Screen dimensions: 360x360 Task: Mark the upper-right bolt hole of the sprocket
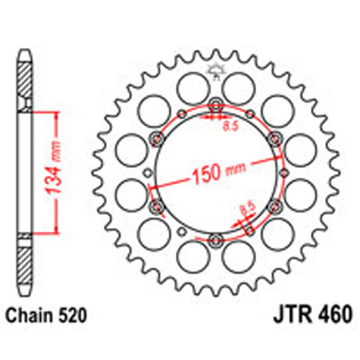click(x=277, y=138)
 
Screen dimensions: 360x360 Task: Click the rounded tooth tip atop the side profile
click(x=24, y=55)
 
